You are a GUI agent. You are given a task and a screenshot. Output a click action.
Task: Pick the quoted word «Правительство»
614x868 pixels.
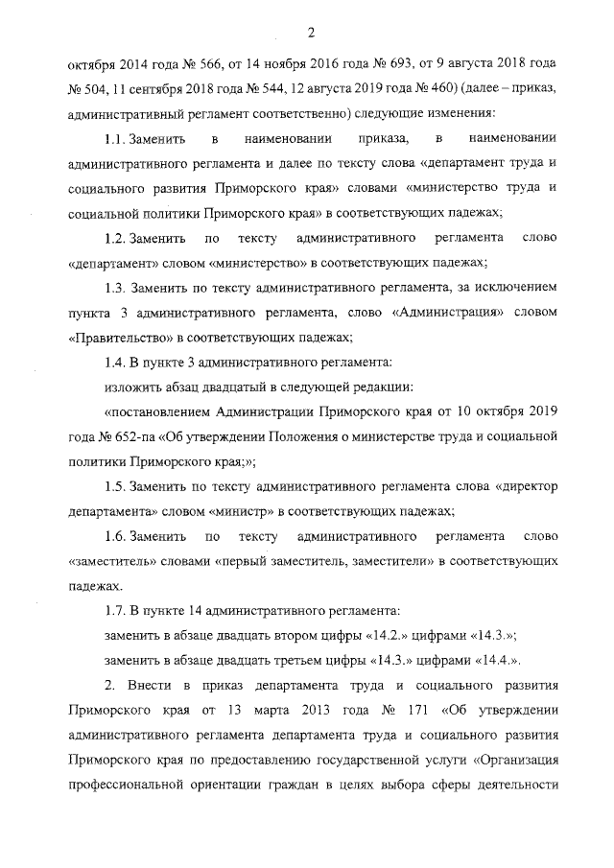click(x=114, y=337)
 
